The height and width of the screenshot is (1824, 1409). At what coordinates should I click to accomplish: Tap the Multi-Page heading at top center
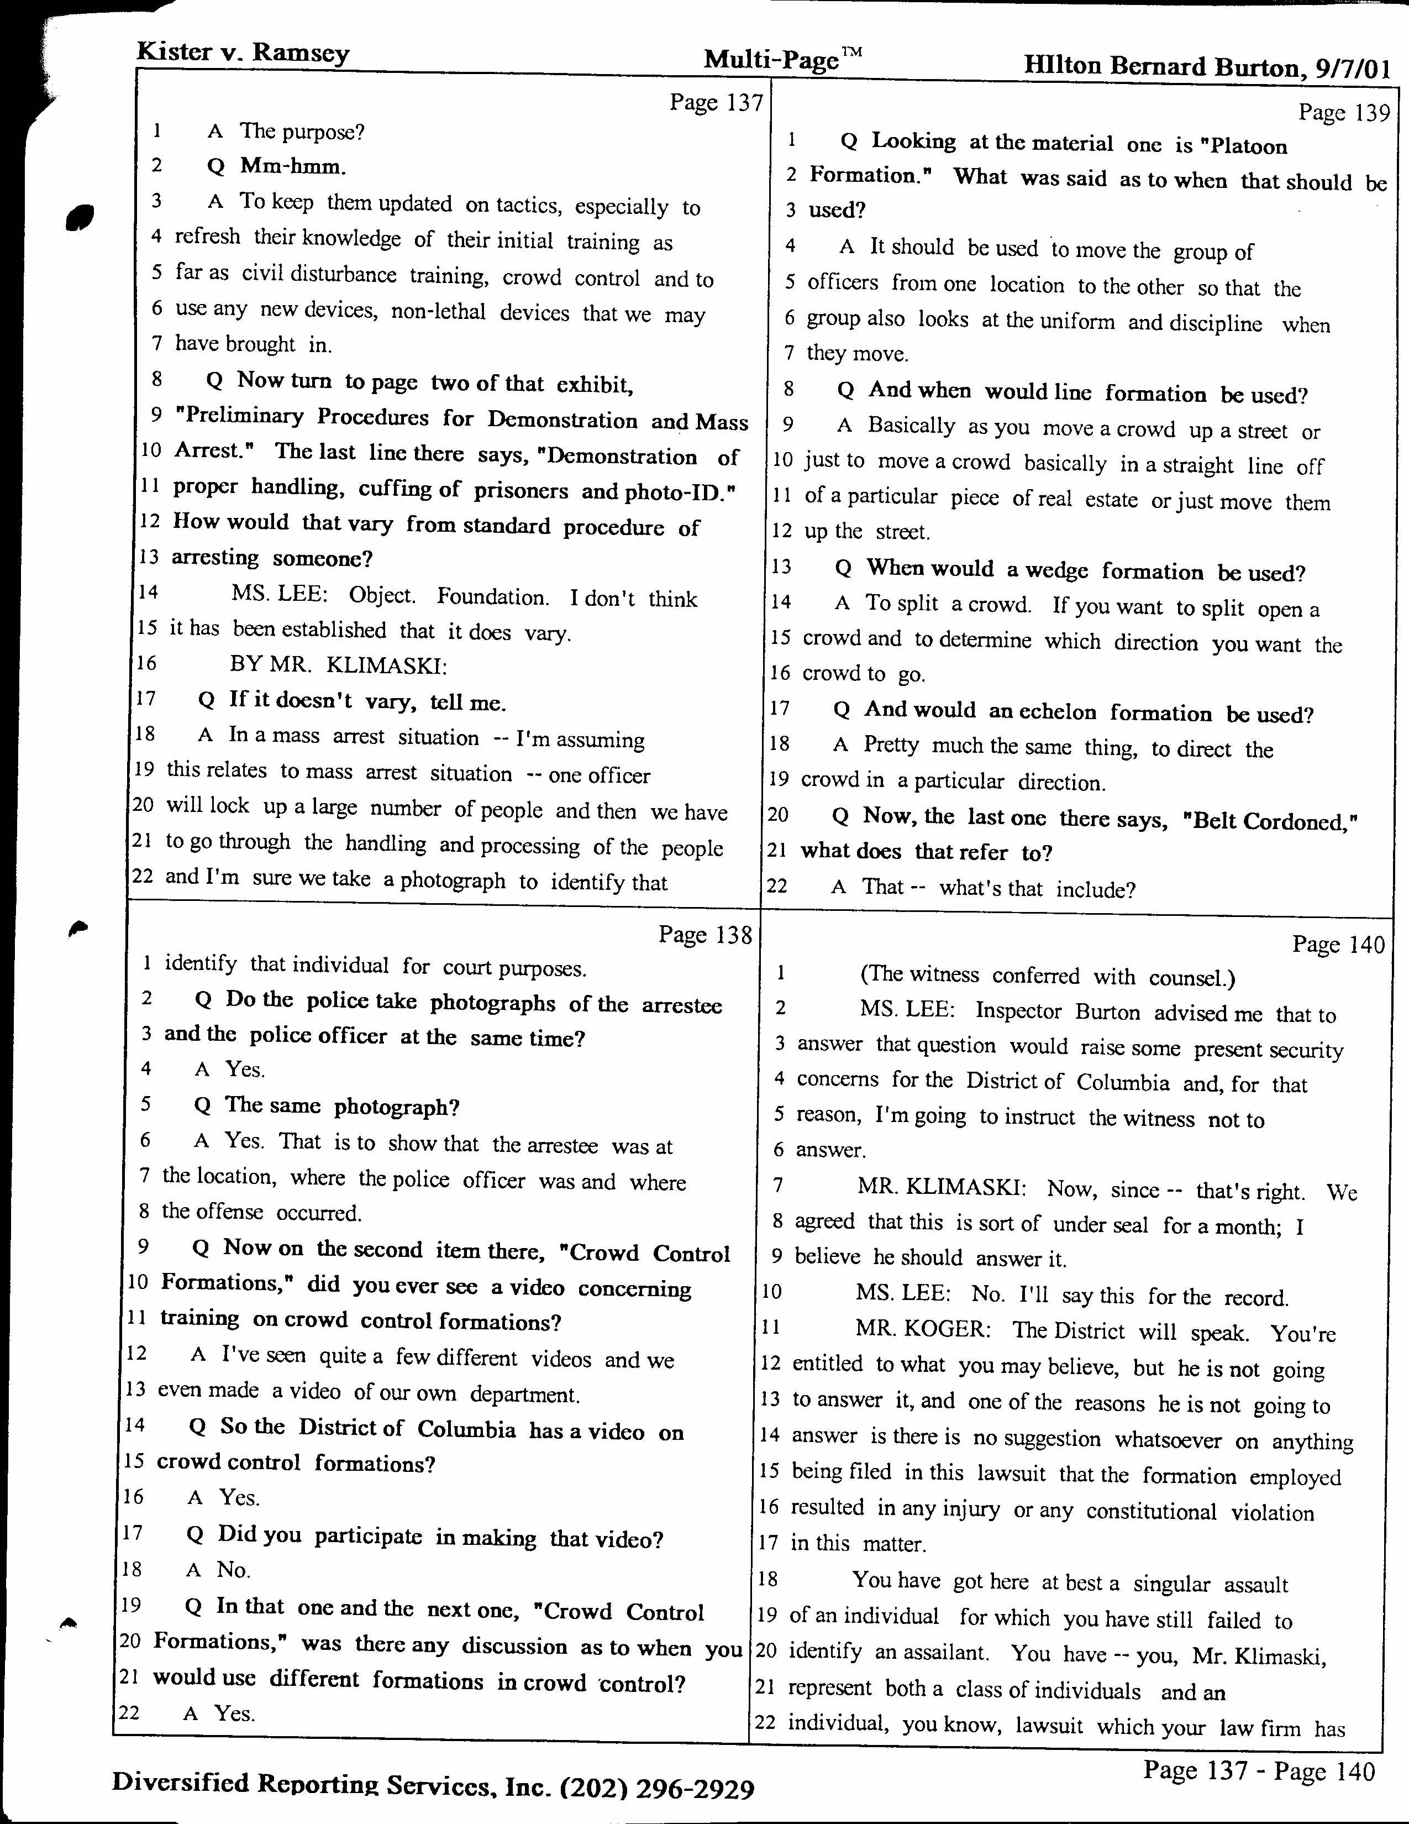coord(782,59)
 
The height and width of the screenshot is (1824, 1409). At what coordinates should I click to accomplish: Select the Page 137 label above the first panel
coord(716,103)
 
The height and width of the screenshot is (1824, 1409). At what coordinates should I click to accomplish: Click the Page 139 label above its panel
coord(1344,113)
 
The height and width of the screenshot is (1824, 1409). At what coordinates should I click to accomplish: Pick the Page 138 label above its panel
coord(706,935)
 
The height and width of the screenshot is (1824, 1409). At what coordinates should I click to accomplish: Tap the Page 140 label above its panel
coord(1338,945)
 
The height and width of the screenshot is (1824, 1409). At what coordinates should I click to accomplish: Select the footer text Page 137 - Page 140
coord(1259,1770)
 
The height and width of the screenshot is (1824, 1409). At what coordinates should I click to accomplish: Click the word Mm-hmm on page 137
coord(291,166)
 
